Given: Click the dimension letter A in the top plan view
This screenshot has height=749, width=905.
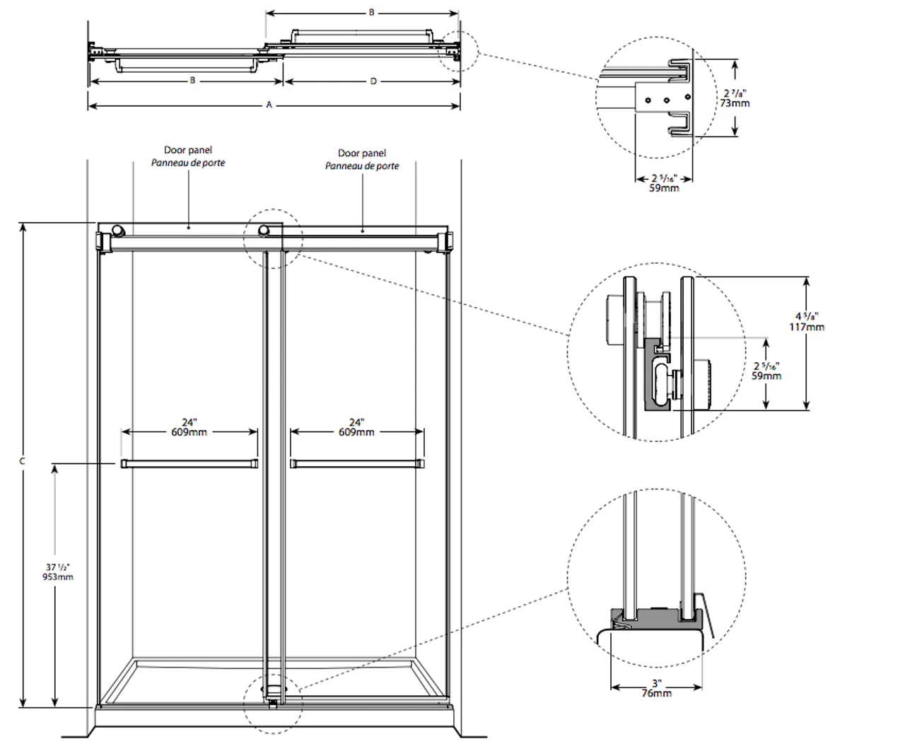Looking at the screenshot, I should point(269,105).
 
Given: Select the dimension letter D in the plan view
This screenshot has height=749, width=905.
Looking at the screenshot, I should point(373,81).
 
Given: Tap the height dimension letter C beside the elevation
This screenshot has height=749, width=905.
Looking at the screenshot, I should point(23,461).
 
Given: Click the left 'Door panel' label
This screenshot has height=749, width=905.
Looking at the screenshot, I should point(188,150).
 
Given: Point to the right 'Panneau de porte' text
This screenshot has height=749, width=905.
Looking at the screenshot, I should point(362,166).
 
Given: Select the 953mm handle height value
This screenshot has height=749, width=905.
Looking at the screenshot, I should point(58,576).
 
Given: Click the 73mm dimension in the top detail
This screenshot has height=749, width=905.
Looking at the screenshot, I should point(736,103).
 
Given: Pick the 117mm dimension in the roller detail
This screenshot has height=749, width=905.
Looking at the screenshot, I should point(807,327).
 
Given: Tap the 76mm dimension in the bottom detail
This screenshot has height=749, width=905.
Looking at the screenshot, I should point(657,693).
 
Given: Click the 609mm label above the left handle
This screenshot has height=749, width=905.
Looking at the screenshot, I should point(189,432).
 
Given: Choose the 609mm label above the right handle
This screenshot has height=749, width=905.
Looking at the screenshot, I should point(356,432).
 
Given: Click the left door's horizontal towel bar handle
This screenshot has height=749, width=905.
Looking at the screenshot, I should point(189,463).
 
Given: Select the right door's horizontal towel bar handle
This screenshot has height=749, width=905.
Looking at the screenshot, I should point(357,463).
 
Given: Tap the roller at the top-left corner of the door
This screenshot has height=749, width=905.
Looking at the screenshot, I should point(116,230).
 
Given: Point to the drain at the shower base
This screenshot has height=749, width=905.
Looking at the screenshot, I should point(273,685).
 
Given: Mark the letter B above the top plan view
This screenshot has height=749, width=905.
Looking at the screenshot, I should point(372,13).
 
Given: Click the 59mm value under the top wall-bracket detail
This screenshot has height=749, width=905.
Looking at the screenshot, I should point(664,188).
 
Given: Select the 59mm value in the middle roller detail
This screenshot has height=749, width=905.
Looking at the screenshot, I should point(766,376).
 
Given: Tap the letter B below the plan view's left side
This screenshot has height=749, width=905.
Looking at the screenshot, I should point(192,81).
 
